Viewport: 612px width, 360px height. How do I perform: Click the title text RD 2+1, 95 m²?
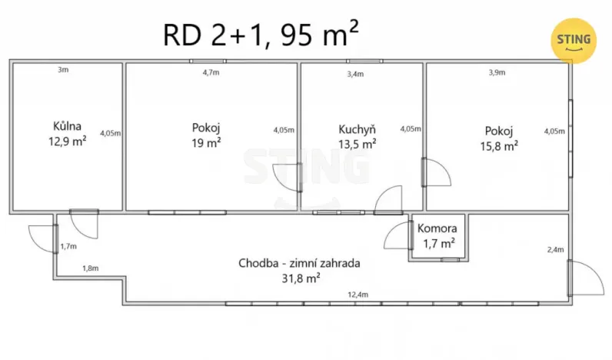pyautogui.click(x=261, y=34)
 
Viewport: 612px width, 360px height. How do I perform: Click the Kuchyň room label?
pyautogui.click(x=357, y=129)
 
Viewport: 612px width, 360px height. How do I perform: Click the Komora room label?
pyautogui.click(x=437, y=228)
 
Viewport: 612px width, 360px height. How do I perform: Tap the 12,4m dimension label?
pyautogui.click(x=358, y=295)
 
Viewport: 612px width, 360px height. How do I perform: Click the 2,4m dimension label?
pyautogui.click(x=554, y=249)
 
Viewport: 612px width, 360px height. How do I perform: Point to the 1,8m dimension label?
pyautogui.click(x=91, y=268)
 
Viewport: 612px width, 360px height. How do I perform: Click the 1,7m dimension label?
pyautogui.click(x=68, y=246)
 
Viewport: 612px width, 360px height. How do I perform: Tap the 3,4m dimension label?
pyautogui.click(x=355, y=74)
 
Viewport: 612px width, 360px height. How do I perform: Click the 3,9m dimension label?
pyautogui.click(x=497, y=72)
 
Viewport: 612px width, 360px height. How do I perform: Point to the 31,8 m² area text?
pyautogui.click(x=301, y=278)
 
